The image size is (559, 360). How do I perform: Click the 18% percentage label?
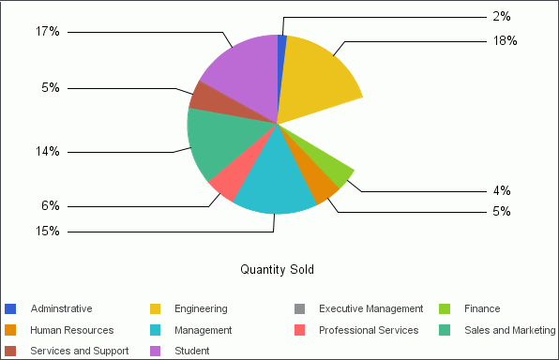point(505,40)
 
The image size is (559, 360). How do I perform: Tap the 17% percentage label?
point(48,32)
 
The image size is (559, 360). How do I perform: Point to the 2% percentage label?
point(501,16)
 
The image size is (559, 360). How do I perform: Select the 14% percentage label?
point(48,151)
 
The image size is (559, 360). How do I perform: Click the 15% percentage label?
point(48,231)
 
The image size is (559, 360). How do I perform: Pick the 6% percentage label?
point(51,206)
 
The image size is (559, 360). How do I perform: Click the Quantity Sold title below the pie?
point(277,270)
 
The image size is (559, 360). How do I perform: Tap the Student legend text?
point(190,351)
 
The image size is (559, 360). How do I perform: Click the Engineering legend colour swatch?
point(156,308)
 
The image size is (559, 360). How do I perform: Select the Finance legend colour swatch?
point(445,308)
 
